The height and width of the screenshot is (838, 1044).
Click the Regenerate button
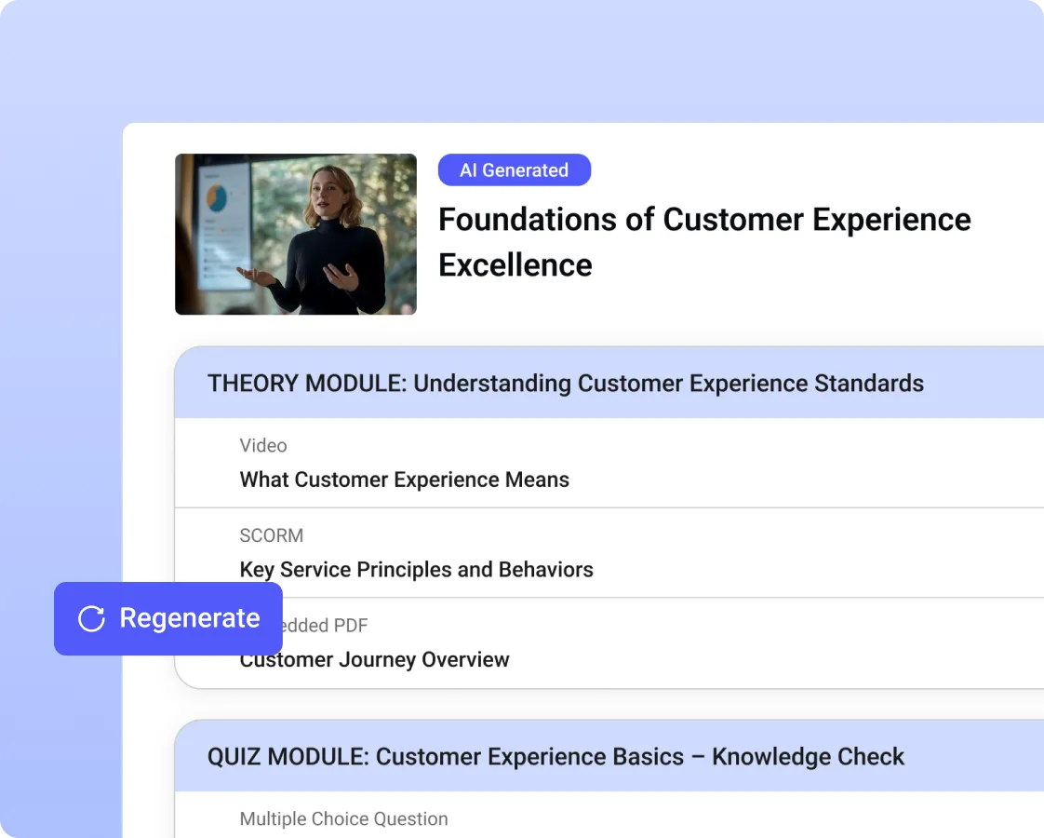168,619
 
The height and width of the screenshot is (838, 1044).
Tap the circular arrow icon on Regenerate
91,619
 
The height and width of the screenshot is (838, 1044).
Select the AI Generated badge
514,170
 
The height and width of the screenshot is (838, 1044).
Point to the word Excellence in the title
515,265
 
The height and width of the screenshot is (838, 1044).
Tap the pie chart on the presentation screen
217,196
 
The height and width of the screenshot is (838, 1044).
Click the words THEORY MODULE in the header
305,384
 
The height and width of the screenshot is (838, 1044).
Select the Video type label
263,446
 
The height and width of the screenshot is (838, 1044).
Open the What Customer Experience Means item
405,480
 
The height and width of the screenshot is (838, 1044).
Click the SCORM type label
272,535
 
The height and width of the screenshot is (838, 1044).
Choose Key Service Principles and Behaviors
417,570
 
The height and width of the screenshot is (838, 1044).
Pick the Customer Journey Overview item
375,660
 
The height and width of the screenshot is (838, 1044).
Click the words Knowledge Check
808,757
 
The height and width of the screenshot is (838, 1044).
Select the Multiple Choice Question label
344,819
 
